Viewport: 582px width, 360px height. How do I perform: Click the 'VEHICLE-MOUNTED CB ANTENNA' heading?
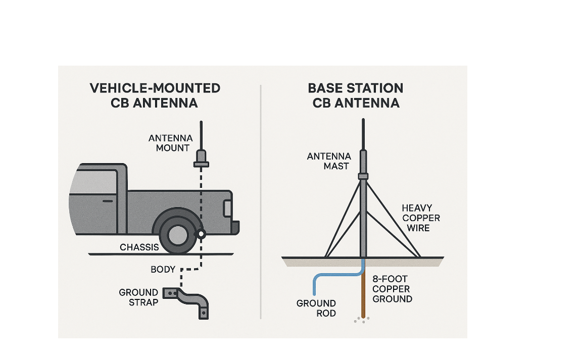tap(155, 95)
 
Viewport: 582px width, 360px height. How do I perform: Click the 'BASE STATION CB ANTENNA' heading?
tap(356, 95)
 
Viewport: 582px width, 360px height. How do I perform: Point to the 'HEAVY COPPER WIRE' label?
tap(421, 218)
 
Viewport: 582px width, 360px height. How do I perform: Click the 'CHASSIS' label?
tap(139, 247)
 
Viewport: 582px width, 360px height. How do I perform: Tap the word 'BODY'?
tap(163, 270)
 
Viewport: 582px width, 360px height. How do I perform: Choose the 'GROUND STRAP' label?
tap(138, 297)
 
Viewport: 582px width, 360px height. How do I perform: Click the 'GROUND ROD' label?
tap(316, 308)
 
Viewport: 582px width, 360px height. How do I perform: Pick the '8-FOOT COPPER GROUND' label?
tap(392, 289)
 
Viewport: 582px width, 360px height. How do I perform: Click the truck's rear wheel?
tap(177, 233)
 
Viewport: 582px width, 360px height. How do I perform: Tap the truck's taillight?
tap(228, 208)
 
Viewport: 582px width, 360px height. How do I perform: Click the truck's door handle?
tap(108, 201)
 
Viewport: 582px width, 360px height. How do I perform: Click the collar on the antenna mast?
tap(363, 176)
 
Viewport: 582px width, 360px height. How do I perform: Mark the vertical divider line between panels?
tap(261, 202)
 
